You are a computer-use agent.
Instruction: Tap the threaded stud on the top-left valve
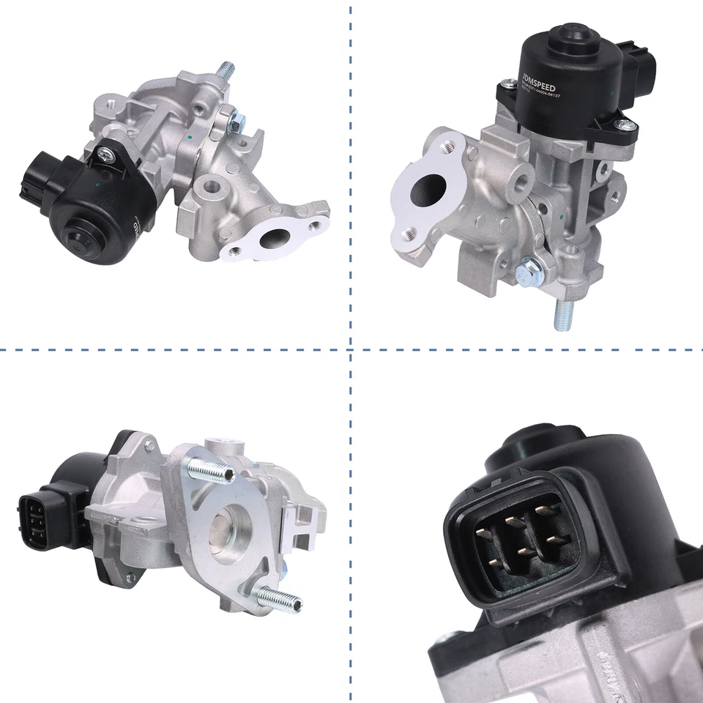[226, 72]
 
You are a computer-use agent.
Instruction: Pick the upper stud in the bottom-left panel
[210, 468]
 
